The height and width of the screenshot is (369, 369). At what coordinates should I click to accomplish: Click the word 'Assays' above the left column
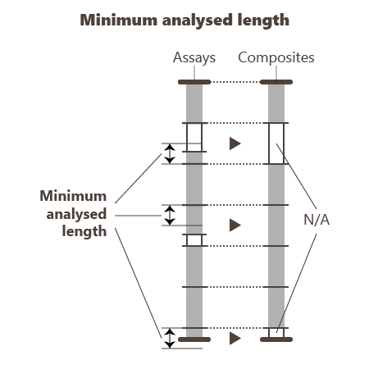(x=194, y=57)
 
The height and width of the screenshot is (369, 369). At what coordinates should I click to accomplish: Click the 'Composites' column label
(x=276, y=57)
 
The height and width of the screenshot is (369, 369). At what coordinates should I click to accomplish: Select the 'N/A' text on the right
(x=317, y=220)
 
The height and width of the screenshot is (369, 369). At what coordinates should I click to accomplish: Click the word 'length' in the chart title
(x=263, y=20)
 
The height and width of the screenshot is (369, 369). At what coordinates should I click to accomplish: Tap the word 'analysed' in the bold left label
(x=76, y=214)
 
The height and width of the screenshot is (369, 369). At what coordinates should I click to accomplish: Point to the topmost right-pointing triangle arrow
(x=235, y=143)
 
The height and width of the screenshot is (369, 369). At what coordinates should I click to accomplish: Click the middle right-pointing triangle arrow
(x=235, y=225)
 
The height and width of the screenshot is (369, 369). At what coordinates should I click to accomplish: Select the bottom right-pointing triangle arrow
(x=235, y=339)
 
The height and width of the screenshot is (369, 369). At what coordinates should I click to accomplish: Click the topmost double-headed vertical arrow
(x=170, y=153)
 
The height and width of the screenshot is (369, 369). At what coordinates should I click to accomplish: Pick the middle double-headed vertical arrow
(x=170, y=215)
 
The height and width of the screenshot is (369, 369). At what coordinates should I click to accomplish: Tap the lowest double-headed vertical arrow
(x=170, y=338)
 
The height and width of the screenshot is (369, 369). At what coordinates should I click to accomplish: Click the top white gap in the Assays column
(x=194, y=137)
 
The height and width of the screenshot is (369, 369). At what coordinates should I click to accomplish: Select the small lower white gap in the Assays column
(x=194, y=240)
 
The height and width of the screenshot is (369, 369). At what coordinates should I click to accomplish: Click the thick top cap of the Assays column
(x=194, y=82)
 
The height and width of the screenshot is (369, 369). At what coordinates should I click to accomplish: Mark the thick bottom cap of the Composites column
(x=276, y=339)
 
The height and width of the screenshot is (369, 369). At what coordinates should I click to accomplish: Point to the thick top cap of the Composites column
(x=276, y=82)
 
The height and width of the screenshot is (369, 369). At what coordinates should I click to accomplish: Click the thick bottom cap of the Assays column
(x=194, y=339)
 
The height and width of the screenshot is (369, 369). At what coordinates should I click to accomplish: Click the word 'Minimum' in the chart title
(x=119, y=20)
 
